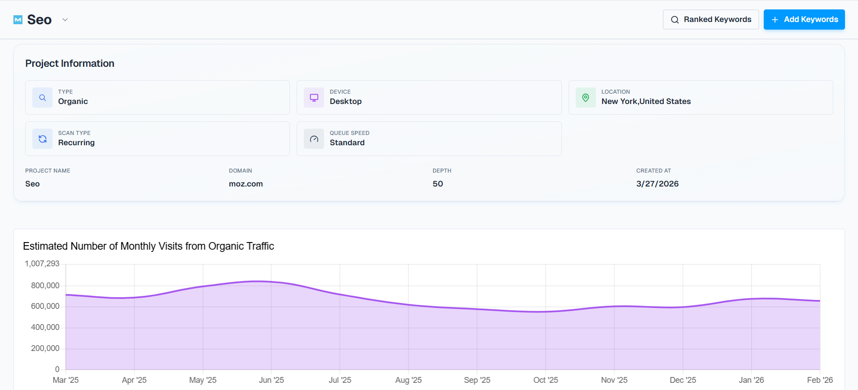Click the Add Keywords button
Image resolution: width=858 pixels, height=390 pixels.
[804, 20]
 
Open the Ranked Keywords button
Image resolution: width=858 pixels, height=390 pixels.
[710, 20]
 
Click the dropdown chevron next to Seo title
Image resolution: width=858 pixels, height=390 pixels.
[65, 20]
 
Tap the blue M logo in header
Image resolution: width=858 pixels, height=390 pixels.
[18, 20]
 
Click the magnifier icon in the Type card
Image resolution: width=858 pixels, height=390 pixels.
[42, 98]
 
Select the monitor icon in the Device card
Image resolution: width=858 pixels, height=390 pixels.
[314, 98]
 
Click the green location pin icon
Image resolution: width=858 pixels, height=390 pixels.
[585, 98]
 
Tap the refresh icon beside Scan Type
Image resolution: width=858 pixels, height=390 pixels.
[42, 139]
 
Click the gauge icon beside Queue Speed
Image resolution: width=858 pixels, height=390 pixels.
[314, 139]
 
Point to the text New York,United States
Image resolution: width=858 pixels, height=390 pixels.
[646, 101]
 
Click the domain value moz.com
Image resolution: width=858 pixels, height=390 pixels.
[245, 184]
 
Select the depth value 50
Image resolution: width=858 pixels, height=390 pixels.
[438, 184]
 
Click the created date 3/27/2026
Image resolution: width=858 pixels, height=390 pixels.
[657, 184]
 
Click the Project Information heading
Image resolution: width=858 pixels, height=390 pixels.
[70, 64]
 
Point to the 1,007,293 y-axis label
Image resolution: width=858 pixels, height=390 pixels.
[42, 264]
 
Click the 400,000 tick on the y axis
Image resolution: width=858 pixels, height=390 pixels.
[45, 327]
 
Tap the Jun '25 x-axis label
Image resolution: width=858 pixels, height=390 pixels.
[271, 380]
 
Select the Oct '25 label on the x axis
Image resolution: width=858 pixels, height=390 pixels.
[545, 380]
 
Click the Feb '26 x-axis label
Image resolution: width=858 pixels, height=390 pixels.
[819, 380]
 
